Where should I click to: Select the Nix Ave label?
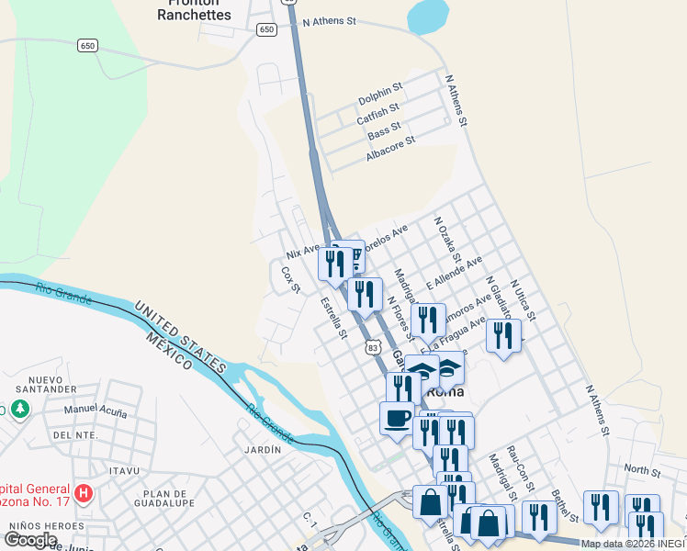tap(303, 250)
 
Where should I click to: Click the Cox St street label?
tap(290, 280)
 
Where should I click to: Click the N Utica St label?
tap(523, 301)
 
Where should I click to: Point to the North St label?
tap(642, 470)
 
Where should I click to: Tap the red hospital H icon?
tap(84, 494)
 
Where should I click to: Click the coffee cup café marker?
tap(397, 417)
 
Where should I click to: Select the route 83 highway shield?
tap(371, 348)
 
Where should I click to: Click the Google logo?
tap(29, 540)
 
